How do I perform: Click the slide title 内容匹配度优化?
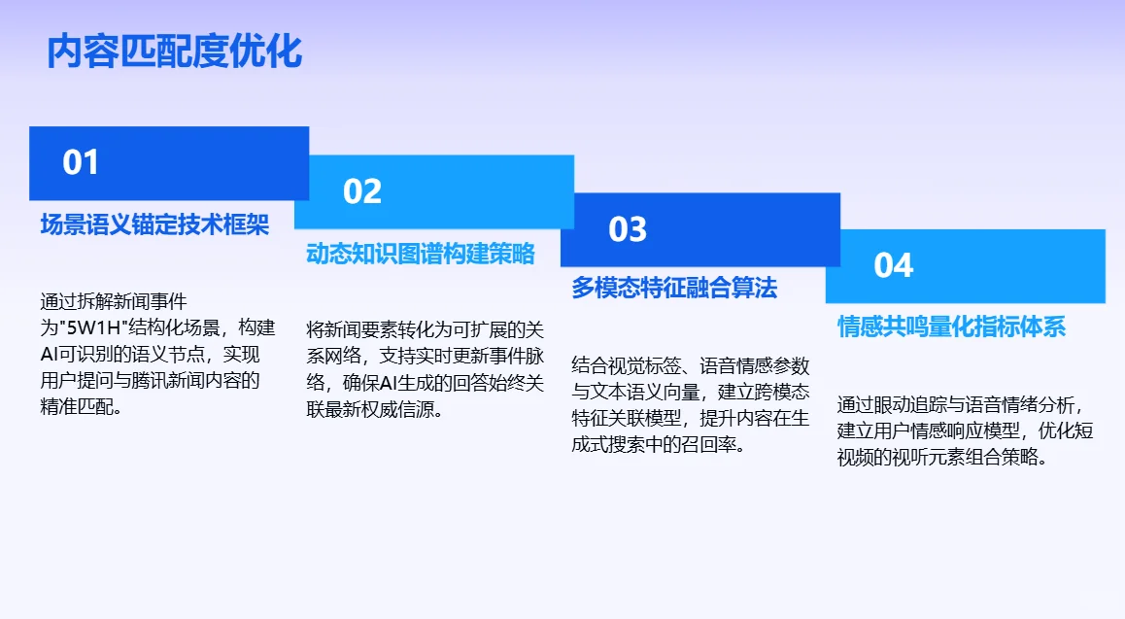tap(175, 52)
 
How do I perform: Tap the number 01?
tap(81, 162)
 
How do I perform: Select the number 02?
tap(361, 191)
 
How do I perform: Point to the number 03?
tap(627, 229)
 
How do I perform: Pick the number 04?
tap(893, 265)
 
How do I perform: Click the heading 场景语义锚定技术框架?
tap(154, 224)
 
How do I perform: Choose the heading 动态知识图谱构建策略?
tap(420, 254)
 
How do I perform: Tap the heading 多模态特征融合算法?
tap(674, 288)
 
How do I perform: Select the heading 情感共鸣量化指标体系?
tap(951, 326)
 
